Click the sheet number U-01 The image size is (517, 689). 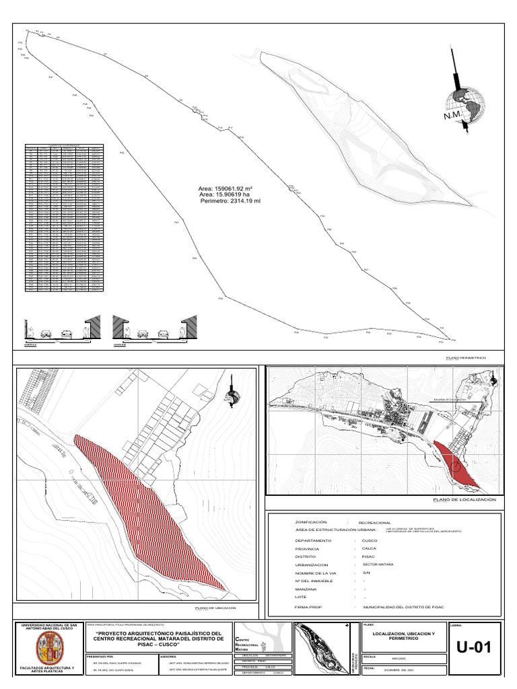tap(474, 648)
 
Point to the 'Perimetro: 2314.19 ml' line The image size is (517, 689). tap(230, 201)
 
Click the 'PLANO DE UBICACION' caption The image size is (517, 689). tap(217, 608)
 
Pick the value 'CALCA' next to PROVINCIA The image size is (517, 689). tap(370, 549)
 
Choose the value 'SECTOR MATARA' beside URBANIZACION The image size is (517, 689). tap(377, 565)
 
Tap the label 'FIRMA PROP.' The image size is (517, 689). tap(309, 607)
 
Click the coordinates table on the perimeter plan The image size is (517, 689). tap(65, 217)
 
